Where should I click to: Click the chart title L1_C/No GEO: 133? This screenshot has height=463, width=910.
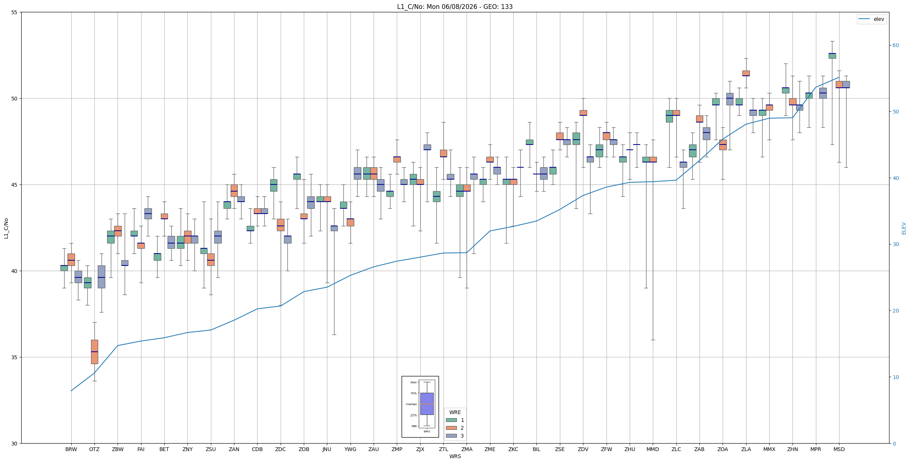(455, 7)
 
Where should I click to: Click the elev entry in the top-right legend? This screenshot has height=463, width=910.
(872, 19)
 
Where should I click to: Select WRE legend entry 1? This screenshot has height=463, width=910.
(455, 420)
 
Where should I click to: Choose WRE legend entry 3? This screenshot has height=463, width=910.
(455, 436)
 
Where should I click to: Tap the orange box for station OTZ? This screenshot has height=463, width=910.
(94, 352)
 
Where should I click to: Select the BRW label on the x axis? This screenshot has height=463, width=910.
(71, 449)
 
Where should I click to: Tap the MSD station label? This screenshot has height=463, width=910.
(839, 449)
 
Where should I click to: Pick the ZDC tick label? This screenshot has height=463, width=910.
(280, 449)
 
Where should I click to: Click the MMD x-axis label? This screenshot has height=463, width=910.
(653, 449)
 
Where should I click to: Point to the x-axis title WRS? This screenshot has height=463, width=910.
(455, 456)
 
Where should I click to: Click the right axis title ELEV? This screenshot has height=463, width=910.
(904, 228)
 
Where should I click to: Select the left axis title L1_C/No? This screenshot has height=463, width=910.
(6, 228)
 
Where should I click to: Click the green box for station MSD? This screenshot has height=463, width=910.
(832, 56)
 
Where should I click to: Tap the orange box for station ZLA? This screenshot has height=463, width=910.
(746, 73)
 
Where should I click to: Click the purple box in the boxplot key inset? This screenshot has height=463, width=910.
(427, 404)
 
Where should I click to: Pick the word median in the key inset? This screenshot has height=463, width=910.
(411, 404)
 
